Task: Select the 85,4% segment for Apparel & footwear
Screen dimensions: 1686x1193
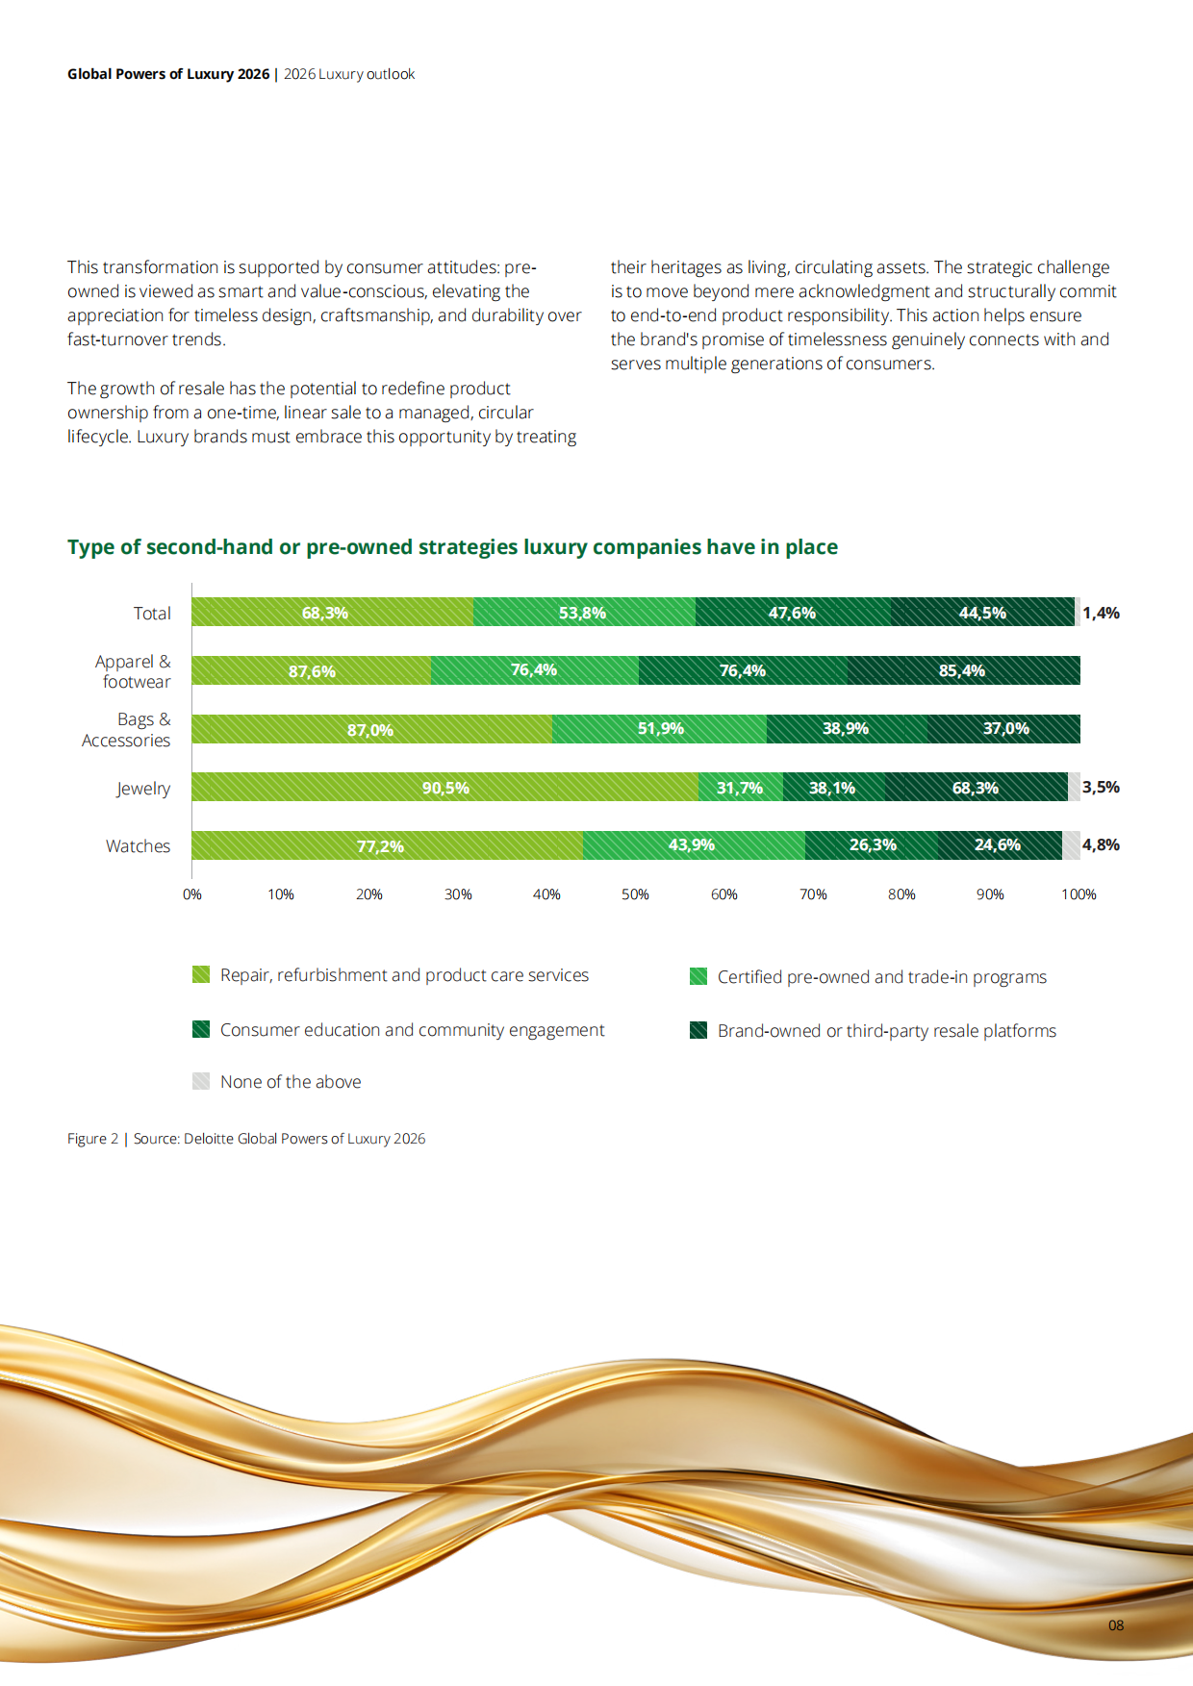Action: point(962,670)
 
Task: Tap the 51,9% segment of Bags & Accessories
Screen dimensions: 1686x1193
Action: point(660,729)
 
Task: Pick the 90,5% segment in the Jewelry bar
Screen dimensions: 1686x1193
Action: point(445,788)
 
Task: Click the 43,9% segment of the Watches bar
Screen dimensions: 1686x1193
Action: point(692,845)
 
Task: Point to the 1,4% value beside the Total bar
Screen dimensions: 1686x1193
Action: point(1101,614)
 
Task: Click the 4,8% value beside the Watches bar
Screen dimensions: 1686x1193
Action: point(1101,845)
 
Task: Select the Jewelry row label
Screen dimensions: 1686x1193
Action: point(143,789)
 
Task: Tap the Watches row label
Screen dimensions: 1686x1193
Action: point(138,846)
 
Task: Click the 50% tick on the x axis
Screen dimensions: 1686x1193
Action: point(635,894)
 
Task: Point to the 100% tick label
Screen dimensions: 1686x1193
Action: point(1079,894)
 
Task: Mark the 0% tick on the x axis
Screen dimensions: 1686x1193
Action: point(192,894)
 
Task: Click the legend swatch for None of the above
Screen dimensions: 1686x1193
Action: point(201,1081)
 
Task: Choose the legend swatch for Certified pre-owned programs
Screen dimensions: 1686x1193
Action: point(698,977)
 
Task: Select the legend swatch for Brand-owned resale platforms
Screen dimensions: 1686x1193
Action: point(698,1031)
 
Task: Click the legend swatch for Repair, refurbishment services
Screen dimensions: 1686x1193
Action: point(201,975)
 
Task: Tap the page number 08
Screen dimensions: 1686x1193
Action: point(1116,1625)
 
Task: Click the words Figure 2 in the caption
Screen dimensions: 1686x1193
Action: point(92,1139)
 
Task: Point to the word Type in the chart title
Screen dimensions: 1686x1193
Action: point(90,547)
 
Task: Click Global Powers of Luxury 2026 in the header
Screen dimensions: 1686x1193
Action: point(168,74)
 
